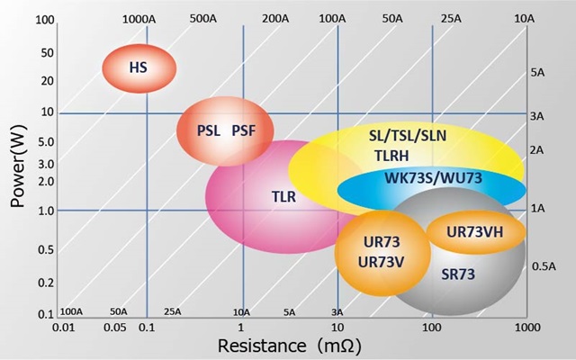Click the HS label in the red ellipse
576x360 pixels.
point(138,67)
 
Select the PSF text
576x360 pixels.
point(244,130)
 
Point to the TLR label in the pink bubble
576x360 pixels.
point(283,195)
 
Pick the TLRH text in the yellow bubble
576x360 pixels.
point(391,155)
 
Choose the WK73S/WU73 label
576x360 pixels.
point(434,177)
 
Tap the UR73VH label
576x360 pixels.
point(474,231)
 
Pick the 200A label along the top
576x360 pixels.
point(275,18)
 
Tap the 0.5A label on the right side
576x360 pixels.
point(543,266)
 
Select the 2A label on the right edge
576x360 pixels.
point(536,149)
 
